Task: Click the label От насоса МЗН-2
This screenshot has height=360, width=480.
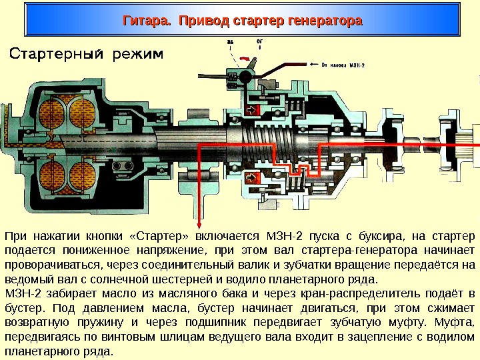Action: [x=343, y=65]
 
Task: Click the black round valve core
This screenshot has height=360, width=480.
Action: [x=246, y=77]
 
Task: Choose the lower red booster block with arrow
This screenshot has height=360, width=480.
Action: [x=253, y=178]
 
